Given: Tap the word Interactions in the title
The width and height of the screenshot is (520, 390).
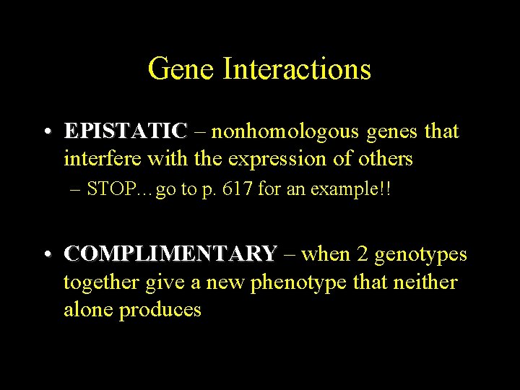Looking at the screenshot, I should (x=297, y=69).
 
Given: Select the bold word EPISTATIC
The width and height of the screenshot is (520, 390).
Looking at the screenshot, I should (x=126, y=131).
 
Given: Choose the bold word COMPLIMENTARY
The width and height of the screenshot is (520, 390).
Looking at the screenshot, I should (x=170, y=254).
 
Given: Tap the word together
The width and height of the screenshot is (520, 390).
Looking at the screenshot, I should (x=101, y=282).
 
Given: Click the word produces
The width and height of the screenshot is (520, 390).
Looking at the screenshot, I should (x=160, y=311).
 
